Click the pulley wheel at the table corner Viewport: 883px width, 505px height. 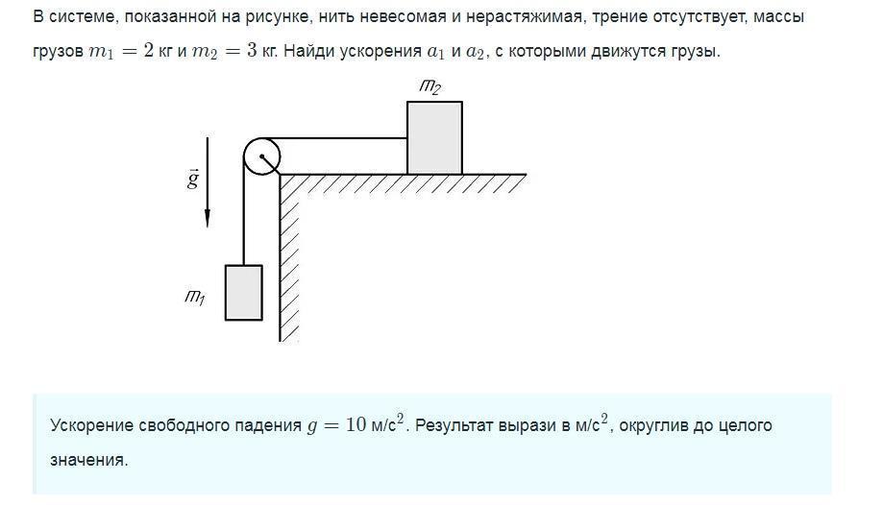[x=260, y=156]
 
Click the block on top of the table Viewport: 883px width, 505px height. [x=434, y=137]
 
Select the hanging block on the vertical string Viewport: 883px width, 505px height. [x=243, y=293]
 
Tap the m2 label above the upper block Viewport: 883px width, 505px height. [x=429, y=87]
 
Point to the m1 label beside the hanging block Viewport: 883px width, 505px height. [x=194, y=297]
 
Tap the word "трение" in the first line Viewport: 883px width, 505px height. [x=621, y=17]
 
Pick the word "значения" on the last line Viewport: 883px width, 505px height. [x=87, y=460]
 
